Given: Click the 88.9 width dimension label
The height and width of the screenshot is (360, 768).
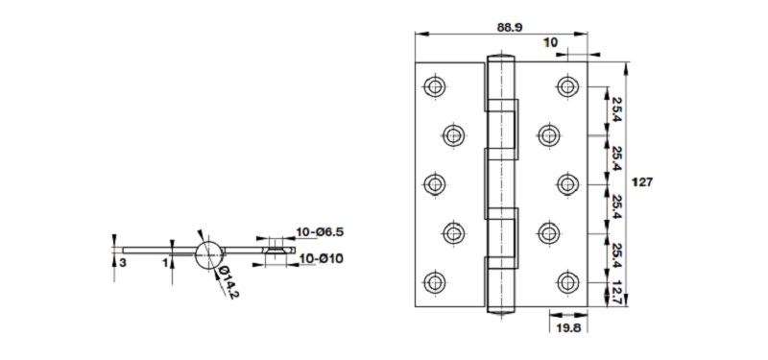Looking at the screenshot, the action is (x=510, y=28).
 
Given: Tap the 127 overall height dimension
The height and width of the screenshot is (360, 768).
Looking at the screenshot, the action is (x=642, y=182).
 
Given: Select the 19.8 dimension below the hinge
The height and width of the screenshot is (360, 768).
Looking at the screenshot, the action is (x=568, y=328).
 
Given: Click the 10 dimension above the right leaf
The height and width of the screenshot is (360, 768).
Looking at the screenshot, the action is (x=550, y=42).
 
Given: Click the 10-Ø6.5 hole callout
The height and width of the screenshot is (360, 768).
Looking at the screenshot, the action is (x=321, y=231).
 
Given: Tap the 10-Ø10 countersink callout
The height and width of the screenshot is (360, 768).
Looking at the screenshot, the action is (x=322, y=258).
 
